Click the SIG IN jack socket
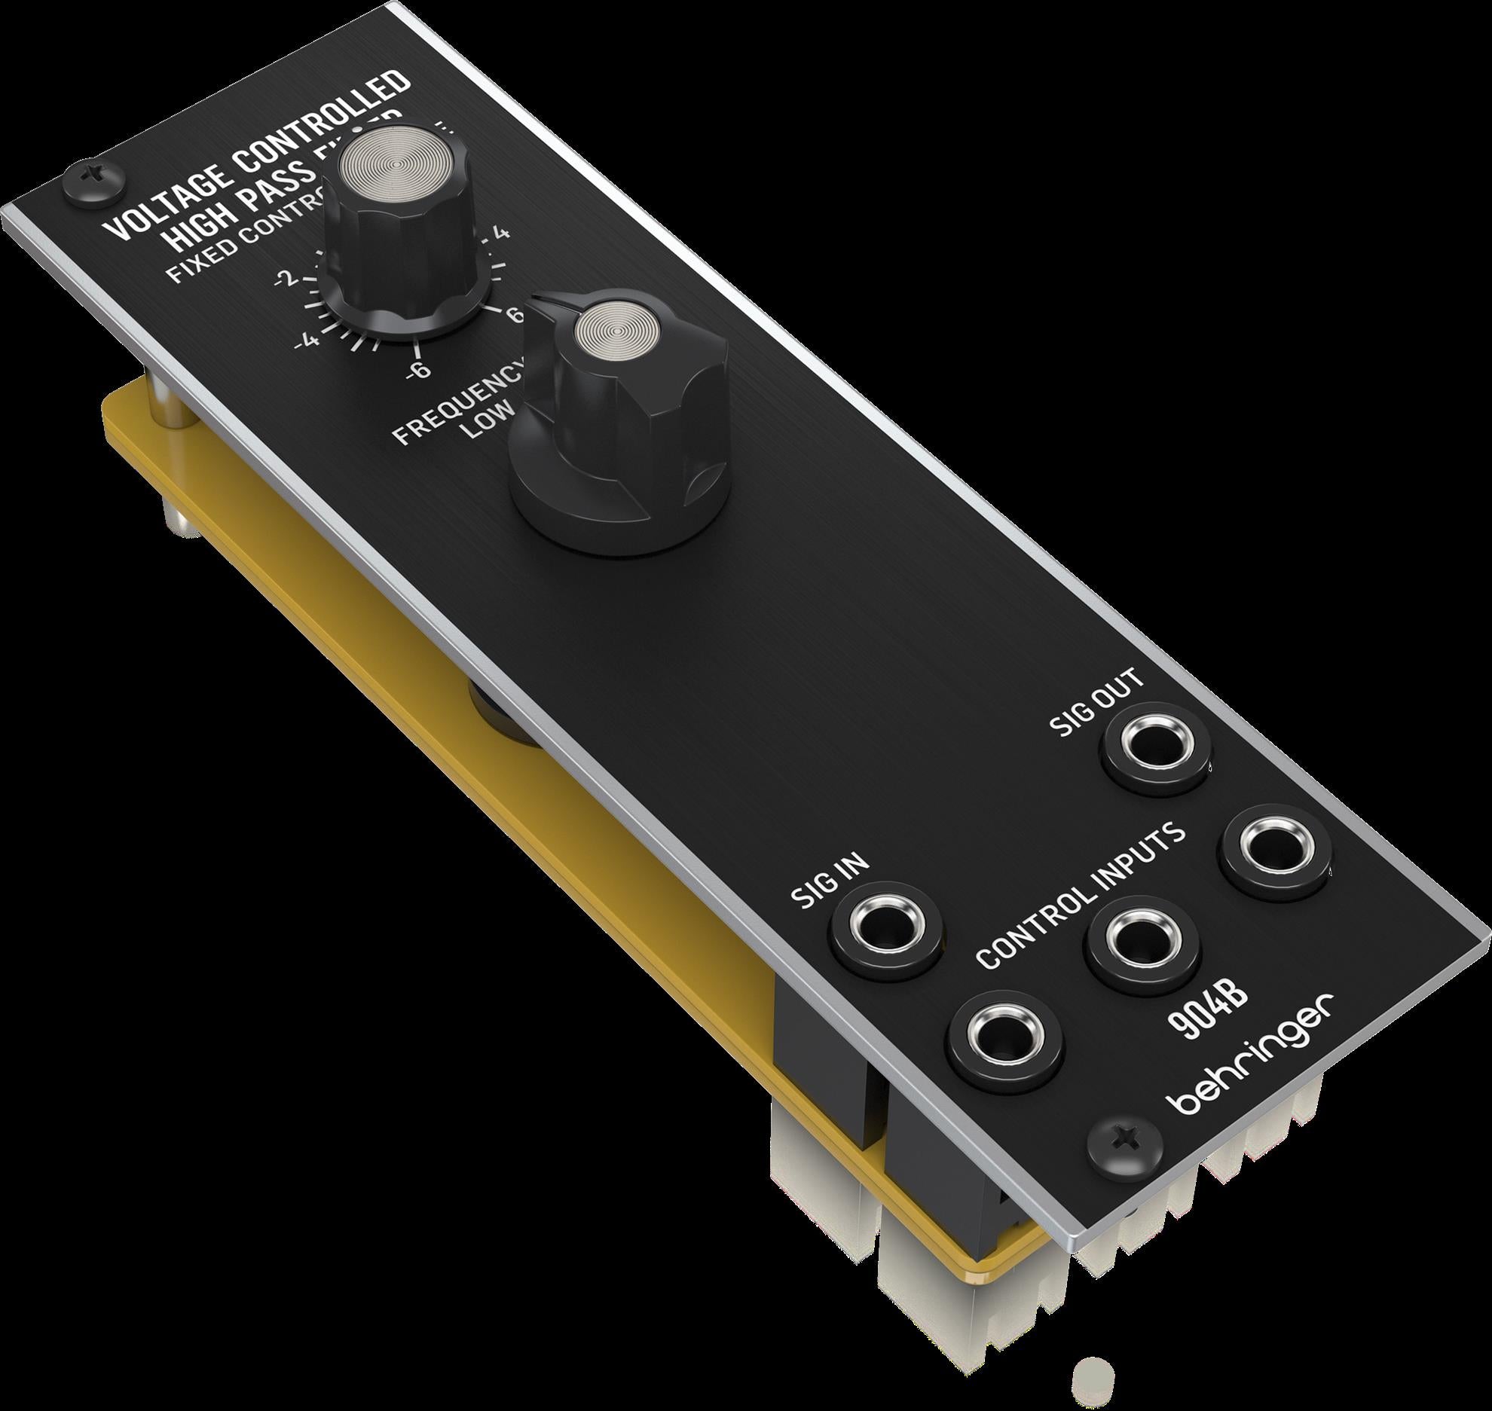[x=886, y=924]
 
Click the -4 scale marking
[x=307, y=341]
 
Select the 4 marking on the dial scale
[x=502, y=234]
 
